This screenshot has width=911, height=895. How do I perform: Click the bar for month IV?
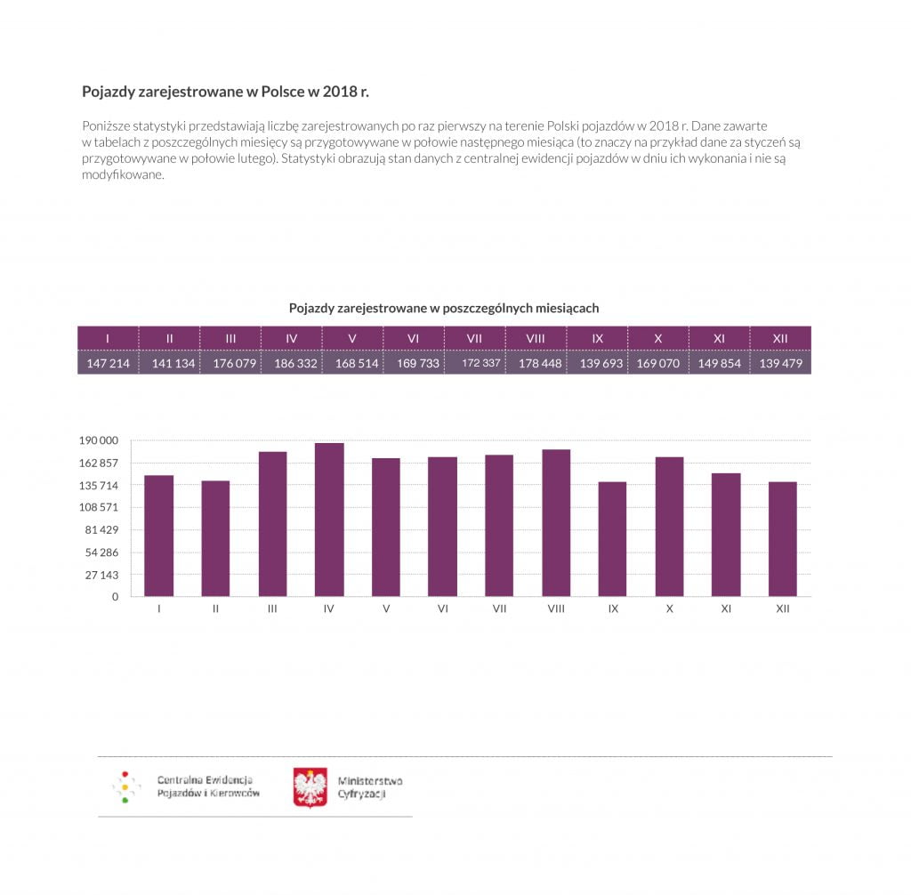click(x=329, y=520)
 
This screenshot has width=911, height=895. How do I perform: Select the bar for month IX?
click(x=613, y=539)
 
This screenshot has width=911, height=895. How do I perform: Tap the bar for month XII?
click(x=783, y=539)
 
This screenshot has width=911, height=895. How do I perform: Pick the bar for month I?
click(x=158, y=536)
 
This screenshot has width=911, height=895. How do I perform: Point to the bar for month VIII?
click(x=556, y=523)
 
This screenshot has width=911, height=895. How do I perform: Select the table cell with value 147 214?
click(x=109, y=364)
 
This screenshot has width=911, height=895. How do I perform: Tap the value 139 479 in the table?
click(x=781, y=364)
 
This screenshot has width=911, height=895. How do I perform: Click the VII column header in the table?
click(x=474, y=338)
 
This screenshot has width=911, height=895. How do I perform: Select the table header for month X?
click(x=658, y=338)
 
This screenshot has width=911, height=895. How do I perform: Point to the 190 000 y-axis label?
click(x=99, y=440)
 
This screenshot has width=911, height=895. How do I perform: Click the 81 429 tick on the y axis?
click(x=101, y=530)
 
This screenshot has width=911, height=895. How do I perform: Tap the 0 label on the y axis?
click(x=115, y=597)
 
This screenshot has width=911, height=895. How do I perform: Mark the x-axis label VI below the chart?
click(x=443, y=609)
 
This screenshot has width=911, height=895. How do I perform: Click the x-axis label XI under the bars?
click(x=726, y=609)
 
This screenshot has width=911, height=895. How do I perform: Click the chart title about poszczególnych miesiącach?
click(x=444, y=308)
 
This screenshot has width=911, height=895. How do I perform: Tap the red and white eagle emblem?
click(x=310, y=786)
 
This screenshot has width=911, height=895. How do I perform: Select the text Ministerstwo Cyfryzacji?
click(x=369, y=787)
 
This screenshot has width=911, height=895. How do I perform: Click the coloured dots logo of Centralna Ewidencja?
click(x=125, y=787)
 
